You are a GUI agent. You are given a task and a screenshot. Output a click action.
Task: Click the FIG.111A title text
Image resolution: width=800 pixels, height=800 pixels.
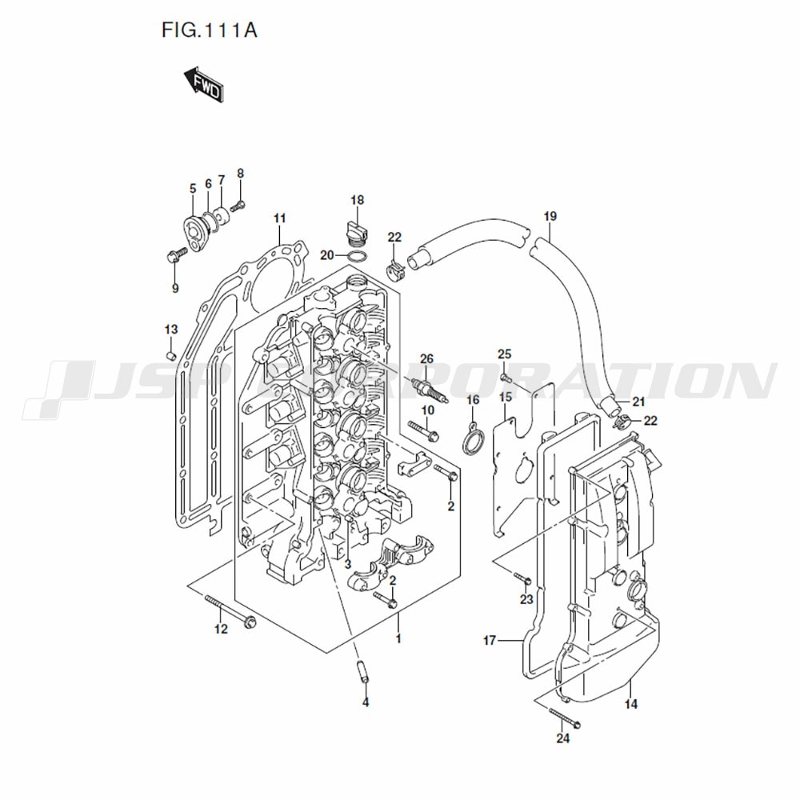coord(209,30)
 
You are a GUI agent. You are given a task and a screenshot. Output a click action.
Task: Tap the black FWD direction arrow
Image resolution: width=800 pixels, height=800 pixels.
coord(203,85)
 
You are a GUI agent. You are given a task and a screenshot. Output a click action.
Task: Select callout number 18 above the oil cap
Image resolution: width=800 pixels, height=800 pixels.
coord(358,200)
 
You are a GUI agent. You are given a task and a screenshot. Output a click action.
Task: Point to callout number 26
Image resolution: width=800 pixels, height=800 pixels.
coord(426,358)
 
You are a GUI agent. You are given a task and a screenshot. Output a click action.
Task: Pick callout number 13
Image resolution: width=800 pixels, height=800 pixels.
coord(171,329)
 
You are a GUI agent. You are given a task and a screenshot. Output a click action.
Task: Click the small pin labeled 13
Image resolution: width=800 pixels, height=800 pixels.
coord(171,354)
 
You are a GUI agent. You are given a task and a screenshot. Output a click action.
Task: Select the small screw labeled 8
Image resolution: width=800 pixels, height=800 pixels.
coord(238,206)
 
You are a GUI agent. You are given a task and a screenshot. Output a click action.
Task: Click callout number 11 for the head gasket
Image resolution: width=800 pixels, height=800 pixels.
coord(279,218)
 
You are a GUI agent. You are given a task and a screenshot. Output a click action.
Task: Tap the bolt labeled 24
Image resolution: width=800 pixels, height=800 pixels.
coord(566,717)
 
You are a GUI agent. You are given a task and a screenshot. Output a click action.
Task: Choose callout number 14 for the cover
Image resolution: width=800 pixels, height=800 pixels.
coord(631,704)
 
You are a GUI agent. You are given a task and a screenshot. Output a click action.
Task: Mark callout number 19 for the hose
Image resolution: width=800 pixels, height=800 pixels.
coord(550,216)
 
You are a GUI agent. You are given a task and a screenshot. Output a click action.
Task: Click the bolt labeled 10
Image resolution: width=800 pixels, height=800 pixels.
coord(423,430)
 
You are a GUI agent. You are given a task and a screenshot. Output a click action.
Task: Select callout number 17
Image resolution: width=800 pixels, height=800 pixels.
coord(490,640)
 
